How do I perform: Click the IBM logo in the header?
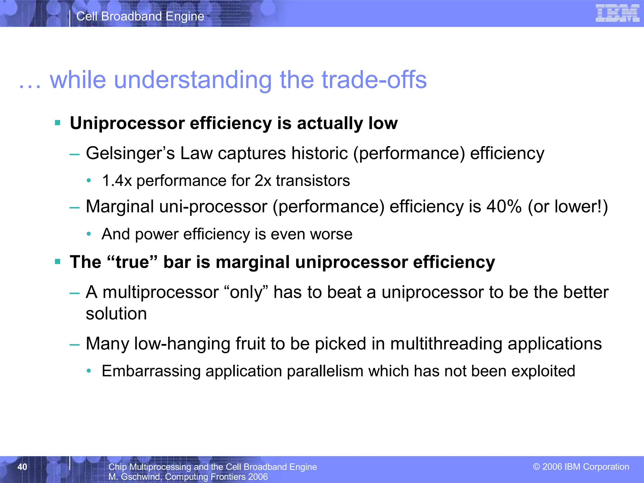[617, 14]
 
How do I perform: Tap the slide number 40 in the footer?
[22, 467]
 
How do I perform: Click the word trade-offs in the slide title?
[374, 80]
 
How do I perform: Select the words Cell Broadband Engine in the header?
[140, 16]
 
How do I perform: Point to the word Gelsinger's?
[130, 153]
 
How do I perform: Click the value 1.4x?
[117, 181]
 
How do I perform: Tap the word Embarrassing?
[151, 371]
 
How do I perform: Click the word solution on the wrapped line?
[116, 314]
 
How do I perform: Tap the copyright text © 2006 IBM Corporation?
[581, 467]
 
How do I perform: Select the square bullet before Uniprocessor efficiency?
[58, 123]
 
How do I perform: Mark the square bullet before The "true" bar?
[58, 262]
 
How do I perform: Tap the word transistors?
[313, 181]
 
